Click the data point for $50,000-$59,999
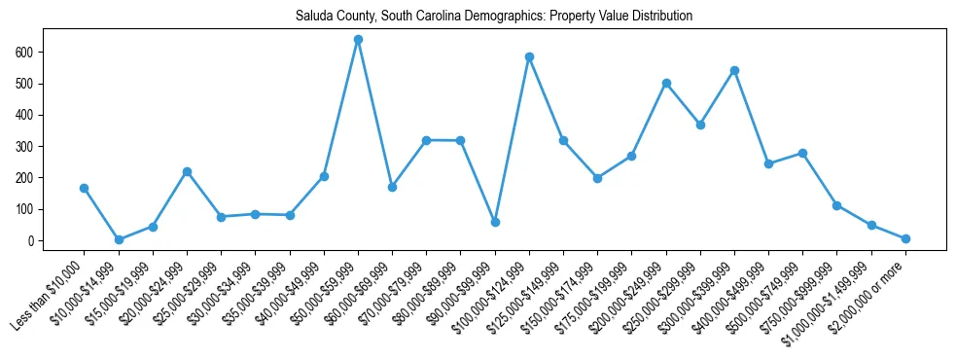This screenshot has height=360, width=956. click(358, 40)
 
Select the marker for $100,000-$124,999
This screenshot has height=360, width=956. click(529, 56)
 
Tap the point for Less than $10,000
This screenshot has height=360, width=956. click(85, 188)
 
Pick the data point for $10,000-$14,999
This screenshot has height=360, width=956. click(119, 239)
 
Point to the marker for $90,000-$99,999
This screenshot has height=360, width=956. click(495, 222)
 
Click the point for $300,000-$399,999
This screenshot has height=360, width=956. click(734, 70)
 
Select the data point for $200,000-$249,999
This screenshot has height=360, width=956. click(666, 83)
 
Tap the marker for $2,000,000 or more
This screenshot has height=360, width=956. click(905, 238)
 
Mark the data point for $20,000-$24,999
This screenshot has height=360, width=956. click(187, 171)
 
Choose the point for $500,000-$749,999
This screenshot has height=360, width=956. click(802, 153)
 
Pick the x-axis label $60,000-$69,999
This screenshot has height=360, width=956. click(359, 295)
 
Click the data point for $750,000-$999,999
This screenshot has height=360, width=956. click(836, 205)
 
